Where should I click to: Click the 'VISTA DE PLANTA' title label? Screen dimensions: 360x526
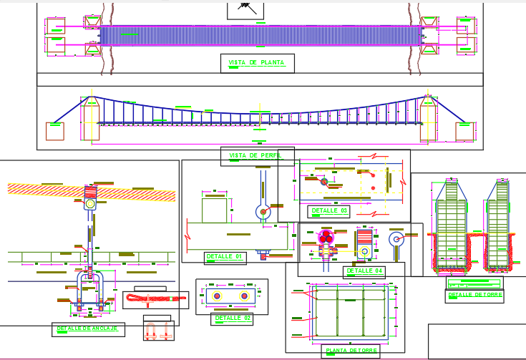256,63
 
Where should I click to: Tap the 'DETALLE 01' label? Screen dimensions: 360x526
225,256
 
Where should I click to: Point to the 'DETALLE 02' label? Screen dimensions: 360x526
232,318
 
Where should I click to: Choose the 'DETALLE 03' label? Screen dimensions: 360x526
328,211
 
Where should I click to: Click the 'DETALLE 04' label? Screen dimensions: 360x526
365,271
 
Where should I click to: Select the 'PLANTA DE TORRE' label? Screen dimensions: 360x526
350,351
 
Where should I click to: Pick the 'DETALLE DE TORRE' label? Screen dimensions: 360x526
474,295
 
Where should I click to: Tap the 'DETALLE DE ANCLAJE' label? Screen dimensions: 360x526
89,329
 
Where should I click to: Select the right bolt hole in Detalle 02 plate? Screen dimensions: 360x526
244,296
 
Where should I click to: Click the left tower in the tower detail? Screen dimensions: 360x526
449,223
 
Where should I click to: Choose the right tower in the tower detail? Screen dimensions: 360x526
500,223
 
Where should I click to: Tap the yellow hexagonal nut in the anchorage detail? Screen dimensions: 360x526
90,203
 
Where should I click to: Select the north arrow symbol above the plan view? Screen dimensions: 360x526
246,7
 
